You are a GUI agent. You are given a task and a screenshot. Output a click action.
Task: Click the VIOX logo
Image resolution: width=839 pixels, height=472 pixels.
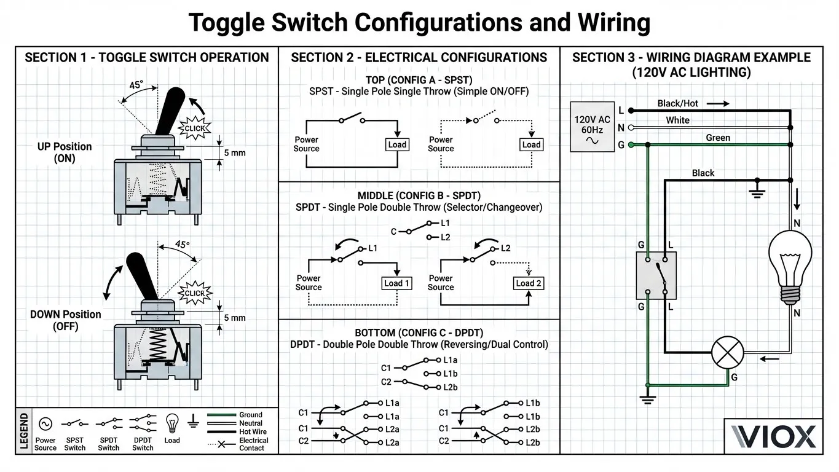coord(773,436)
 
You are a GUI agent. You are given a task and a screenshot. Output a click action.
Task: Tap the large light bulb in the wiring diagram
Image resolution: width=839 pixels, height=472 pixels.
coord(790,267)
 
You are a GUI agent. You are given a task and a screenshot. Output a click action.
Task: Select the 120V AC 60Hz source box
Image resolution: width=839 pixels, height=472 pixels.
coord(592,127)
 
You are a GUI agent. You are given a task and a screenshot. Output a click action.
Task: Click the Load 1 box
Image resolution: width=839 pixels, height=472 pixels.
coord(396,283)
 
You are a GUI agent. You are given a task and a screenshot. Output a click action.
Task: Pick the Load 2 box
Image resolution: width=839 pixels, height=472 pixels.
coord(529,283)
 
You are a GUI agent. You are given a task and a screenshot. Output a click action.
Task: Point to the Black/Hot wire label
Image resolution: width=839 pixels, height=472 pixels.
coord(677,103)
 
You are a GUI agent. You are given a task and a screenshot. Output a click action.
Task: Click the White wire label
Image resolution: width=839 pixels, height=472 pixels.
coord(677,120)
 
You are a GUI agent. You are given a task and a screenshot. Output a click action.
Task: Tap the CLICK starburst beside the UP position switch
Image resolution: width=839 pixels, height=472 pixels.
coord(194,128)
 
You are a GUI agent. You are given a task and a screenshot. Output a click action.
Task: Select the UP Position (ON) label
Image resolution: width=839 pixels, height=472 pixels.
coord(65,152)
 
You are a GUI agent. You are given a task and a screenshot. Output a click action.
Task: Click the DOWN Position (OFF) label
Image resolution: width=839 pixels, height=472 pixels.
coord(66,320)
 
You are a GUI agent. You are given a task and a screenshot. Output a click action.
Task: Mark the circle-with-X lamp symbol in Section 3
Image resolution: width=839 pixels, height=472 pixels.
coord(727,353)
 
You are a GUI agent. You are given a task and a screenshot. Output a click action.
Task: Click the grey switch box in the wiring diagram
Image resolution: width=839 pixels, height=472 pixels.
coord(656,275)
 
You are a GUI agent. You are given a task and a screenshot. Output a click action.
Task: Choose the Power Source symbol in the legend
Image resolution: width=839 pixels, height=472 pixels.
coord(45,424)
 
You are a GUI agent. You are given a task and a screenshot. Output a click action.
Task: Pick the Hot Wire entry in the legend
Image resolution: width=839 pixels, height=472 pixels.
coord(237,431)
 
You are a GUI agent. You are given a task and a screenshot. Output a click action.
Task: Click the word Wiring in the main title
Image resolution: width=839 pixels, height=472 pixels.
coord(614,23)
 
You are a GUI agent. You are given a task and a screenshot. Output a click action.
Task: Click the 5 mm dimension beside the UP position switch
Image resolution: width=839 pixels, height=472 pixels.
coord(235,153)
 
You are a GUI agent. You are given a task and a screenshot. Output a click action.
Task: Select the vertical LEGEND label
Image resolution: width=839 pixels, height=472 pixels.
coord(24,431)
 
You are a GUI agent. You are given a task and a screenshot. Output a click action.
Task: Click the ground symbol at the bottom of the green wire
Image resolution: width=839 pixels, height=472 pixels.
coord(648,399)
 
